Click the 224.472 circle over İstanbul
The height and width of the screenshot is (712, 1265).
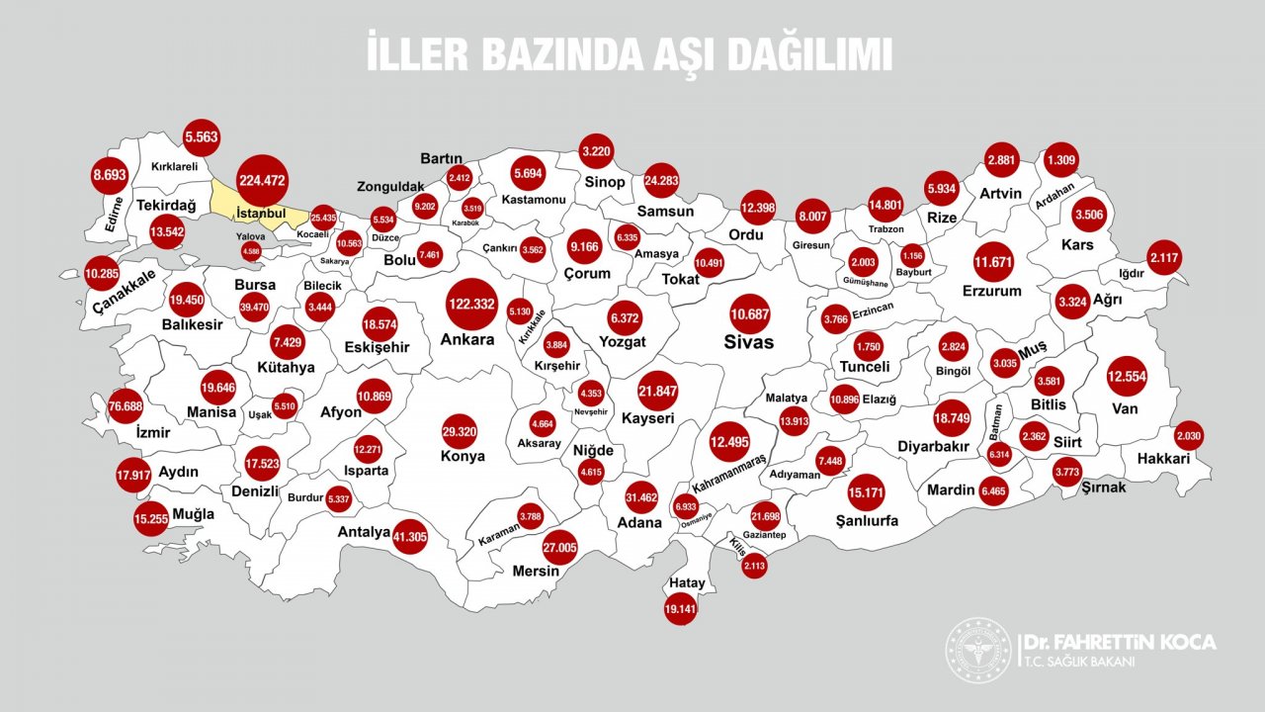(x=262, y=180)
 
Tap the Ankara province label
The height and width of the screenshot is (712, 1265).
(x=467, y=340)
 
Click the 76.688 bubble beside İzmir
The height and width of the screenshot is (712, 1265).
(x=126, y=405)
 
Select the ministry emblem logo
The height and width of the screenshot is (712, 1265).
(x=977, y=651)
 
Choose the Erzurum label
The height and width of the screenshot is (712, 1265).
(x=991, y=291)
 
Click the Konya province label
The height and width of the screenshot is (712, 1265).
(x=463, y=457)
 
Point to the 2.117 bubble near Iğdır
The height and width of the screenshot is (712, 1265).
(x=1164, y=259)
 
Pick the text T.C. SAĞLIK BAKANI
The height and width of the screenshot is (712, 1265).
(x=1079, y=662)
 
